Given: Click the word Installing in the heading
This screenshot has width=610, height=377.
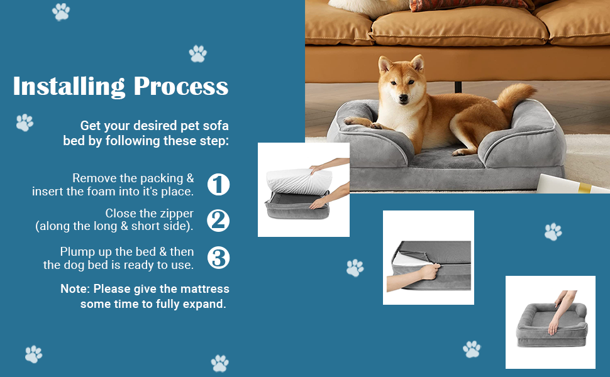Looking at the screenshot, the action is pyautogui.click(x=69, y=87).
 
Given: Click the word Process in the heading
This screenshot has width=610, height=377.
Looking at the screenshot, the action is pyautogui.click(x=181, y=86).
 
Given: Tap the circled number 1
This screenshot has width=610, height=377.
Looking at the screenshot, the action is pyautogui.click(x=218, y=184).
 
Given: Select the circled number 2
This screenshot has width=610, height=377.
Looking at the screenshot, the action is pyautogui.click(x=218, y=221).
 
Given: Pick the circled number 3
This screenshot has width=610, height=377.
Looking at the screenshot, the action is pyautogui.click(x=218, y=258).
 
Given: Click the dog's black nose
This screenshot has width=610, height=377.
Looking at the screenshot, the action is pyautogui.click(x=404, y=99).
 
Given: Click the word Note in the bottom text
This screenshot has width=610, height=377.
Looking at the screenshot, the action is pyautogui.click(x=75, y=289).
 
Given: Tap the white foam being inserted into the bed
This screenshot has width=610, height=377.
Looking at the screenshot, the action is pyautogui.click(x=299, y=181).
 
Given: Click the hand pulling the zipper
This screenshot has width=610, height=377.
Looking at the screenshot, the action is pyautogui.click(x=430, y=271).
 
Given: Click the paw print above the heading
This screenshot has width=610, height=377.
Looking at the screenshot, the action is pyautogui.click(x=198, y=53).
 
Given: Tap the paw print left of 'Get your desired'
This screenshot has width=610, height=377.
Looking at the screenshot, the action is pyautogui.click(x=25, y=123).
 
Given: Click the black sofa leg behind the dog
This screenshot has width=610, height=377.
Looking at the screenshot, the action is pyautogui.click(x=458, y=87).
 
